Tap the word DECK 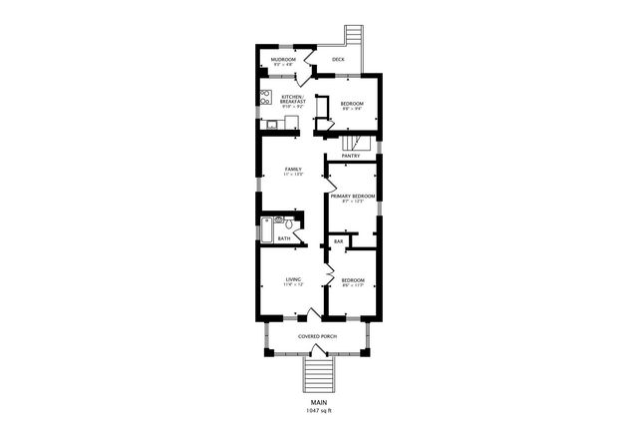338,60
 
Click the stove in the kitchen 265,98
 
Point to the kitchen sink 271,125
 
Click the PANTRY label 351,156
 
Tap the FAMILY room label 293,169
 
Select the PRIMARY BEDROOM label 352,196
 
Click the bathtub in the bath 266,228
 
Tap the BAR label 338,241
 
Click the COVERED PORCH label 317,336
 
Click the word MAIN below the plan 318,402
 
